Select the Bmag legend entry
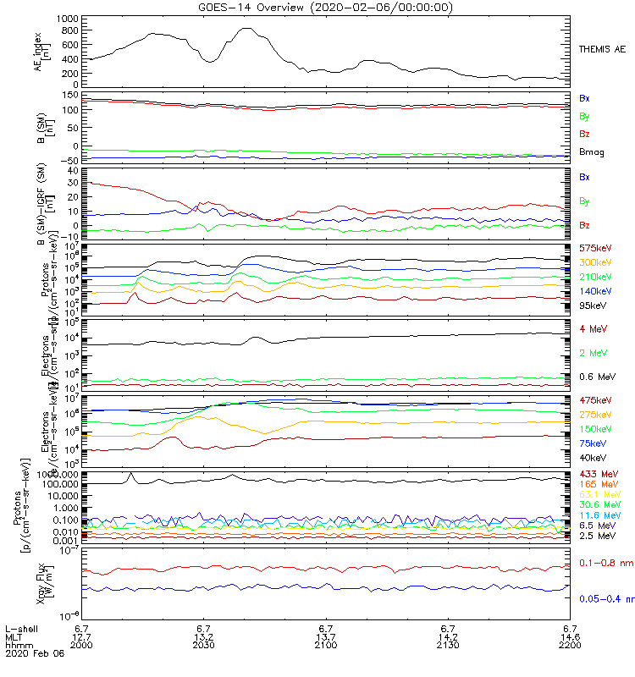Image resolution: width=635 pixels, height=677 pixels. pyautogui.click(x=590, y=151)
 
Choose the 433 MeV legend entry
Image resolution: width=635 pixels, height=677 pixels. pyautogui.click(x=595, y=473)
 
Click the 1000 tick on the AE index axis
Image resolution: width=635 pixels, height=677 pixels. pyautogui.click(x=68, y=18)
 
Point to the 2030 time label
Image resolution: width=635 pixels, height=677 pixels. pyautogui.click(x=204, y=645)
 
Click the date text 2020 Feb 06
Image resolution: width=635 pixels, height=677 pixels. pyautogui.click(x=29, y=653)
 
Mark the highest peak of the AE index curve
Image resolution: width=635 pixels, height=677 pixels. pyautogui.click(x=246, y=28)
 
